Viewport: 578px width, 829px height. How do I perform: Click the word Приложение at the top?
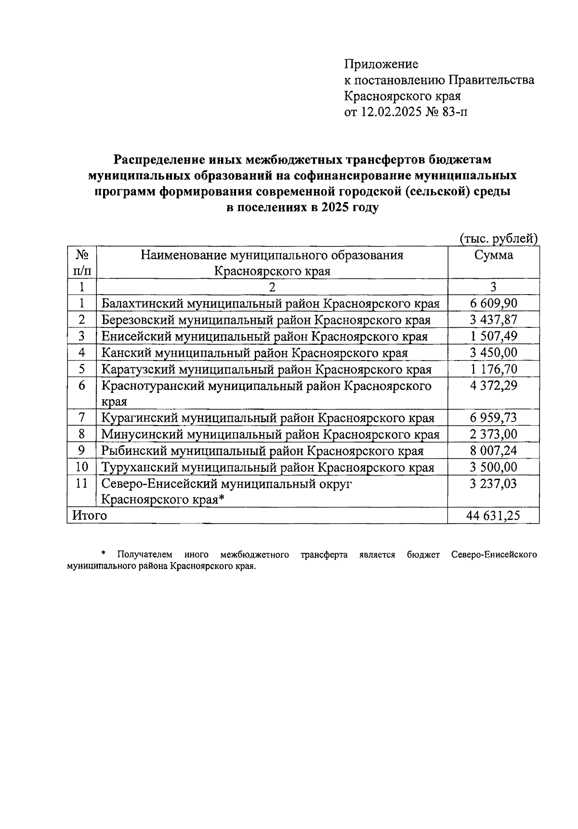coord(381,64)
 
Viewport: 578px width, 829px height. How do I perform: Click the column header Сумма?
coord(493,255)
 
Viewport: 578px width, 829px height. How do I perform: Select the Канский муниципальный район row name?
coord(254,353)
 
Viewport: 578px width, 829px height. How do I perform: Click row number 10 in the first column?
coord(82,467)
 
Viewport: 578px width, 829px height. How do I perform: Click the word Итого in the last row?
coord(89,516)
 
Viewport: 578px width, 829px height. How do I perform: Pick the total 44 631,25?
coord(493,516)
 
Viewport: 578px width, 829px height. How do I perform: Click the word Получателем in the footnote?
coord(144,555)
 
